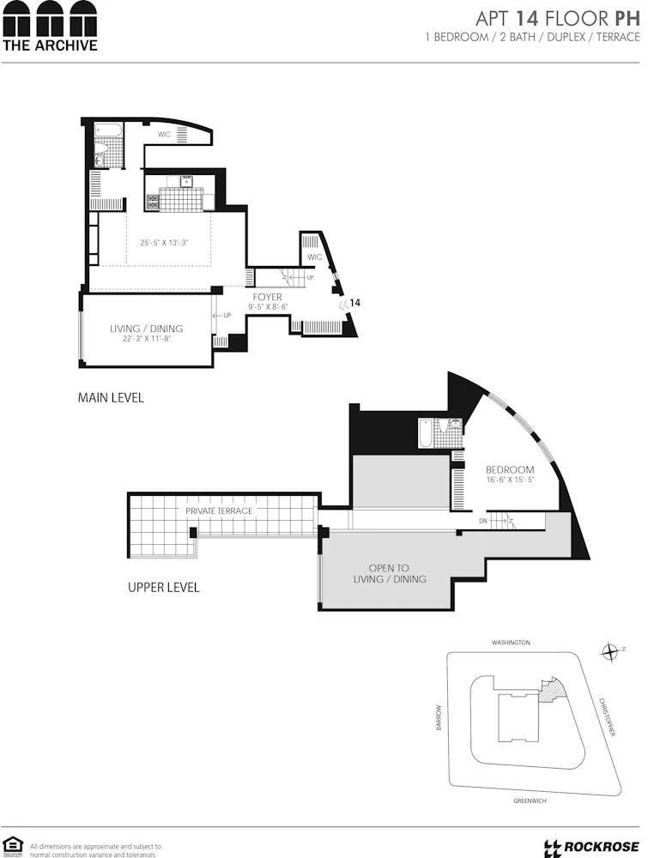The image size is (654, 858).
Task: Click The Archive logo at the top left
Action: pos(50,26)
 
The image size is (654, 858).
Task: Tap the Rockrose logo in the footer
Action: pos(591,847)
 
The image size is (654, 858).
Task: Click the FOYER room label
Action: pos(267,297)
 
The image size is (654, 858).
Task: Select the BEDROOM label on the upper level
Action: pos(510,469)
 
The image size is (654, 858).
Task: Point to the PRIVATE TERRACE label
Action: pos(219,511)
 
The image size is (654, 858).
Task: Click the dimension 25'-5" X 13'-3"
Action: pos(164,243)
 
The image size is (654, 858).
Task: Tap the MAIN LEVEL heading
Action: pos(111,397)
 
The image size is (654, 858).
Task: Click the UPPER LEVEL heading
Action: pos(163,588)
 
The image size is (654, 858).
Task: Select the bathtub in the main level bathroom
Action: pos(108,131)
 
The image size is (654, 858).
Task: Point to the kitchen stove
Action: pos(153,202)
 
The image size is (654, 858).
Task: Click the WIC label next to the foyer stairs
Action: pos(314,257)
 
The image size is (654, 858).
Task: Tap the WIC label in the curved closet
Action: pos(165,135)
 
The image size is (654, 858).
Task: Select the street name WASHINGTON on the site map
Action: pos(511,642)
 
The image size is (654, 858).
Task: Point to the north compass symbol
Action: pos(610,651)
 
